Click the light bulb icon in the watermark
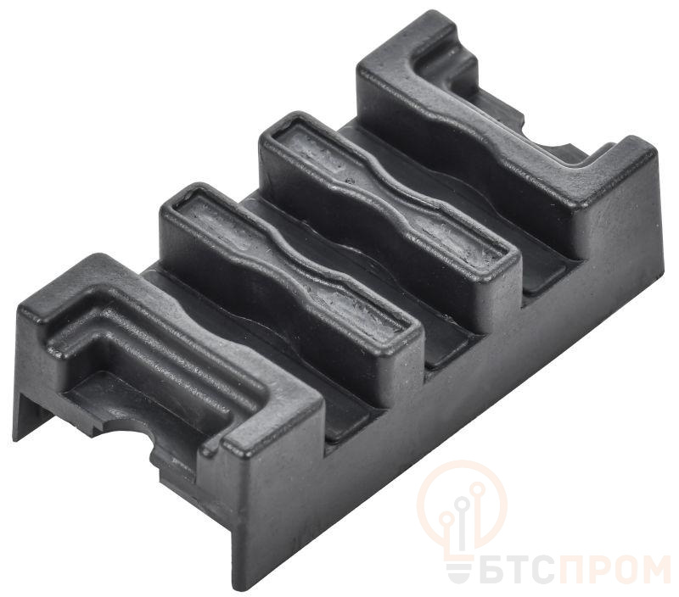[463, 506]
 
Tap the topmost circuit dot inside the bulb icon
[479, 488]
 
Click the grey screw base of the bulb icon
[460, 570]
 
